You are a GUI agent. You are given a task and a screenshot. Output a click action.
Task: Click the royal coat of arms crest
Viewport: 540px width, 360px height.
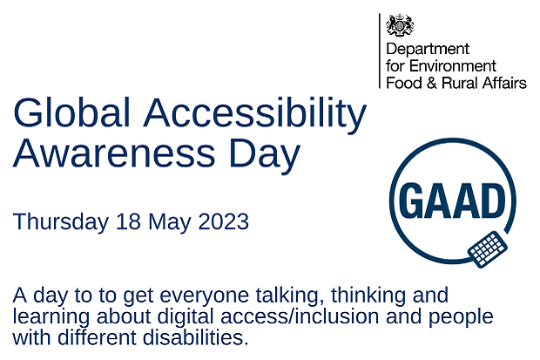[x=400, y=24]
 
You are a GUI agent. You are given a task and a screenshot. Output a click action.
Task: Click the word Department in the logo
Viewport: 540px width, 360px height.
[x=428, y=50]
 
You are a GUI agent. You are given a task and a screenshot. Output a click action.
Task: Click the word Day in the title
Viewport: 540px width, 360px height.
[x=264, y=155]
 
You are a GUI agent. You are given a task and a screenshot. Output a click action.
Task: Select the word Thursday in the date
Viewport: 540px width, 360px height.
[x=61, y=221]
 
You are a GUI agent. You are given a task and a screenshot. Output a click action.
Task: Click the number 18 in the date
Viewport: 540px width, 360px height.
[x=128, y=221]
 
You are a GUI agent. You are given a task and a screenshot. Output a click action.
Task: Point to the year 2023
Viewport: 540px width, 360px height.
[x=224, y=221]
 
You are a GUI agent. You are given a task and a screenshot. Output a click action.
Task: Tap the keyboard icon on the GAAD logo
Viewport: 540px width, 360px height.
[x=488, y=249]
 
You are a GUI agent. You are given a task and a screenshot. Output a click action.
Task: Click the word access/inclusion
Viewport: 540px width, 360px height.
[x=300, y=316]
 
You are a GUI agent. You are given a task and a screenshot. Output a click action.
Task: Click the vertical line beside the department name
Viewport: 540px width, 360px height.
[x=380, y=51]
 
